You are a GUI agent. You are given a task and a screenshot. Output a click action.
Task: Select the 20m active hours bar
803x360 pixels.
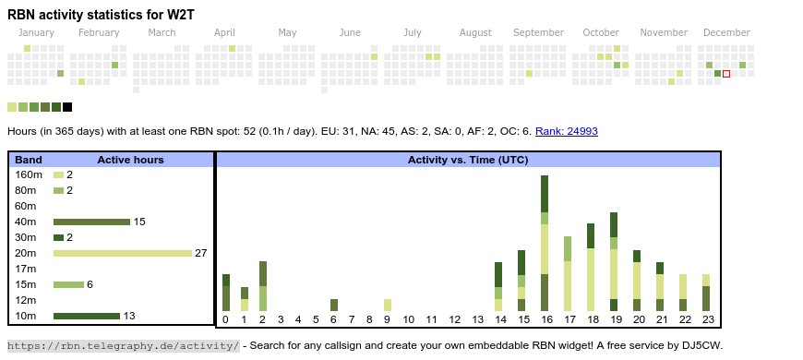(122, 253)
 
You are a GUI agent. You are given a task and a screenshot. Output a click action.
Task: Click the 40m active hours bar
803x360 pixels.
(91, 222)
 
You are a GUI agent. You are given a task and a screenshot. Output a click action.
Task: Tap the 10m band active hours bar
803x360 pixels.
(87, 316)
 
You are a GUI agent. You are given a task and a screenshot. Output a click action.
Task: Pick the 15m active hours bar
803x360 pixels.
(68, 284)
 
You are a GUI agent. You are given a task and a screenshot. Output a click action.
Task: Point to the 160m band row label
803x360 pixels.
(29, 174)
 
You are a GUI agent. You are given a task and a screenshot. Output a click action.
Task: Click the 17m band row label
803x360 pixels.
(26, 269)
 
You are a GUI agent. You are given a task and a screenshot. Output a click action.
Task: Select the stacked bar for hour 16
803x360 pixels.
(545, 243)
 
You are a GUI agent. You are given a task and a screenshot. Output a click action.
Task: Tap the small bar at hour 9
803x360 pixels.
(388, 305)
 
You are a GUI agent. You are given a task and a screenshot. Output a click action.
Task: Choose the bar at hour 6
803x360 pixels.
(334, 305)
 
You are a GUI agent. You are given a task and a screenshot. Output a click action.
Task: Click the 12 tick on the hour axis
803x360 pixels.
(454, 320)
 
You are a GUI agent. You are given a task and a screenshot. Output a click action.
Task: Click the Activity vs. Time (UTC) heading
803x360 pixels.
(468, 160)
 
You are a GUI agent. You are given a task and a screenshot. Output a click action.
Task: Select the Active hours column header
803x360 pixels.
(130, 160)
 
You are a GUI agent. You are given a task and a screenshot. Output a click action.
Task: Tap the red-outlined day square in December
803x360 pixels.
(726, 73)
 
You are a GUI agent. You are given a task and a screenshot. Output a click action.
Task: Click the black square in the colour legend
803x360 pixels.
(67, 107)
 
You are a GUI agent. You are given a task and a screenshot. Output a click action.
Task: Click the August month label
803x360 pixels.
(475, 33)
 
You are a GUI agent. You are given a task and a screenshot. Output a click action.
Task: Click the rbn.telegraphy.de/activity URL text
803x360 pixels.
(123, 346)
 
